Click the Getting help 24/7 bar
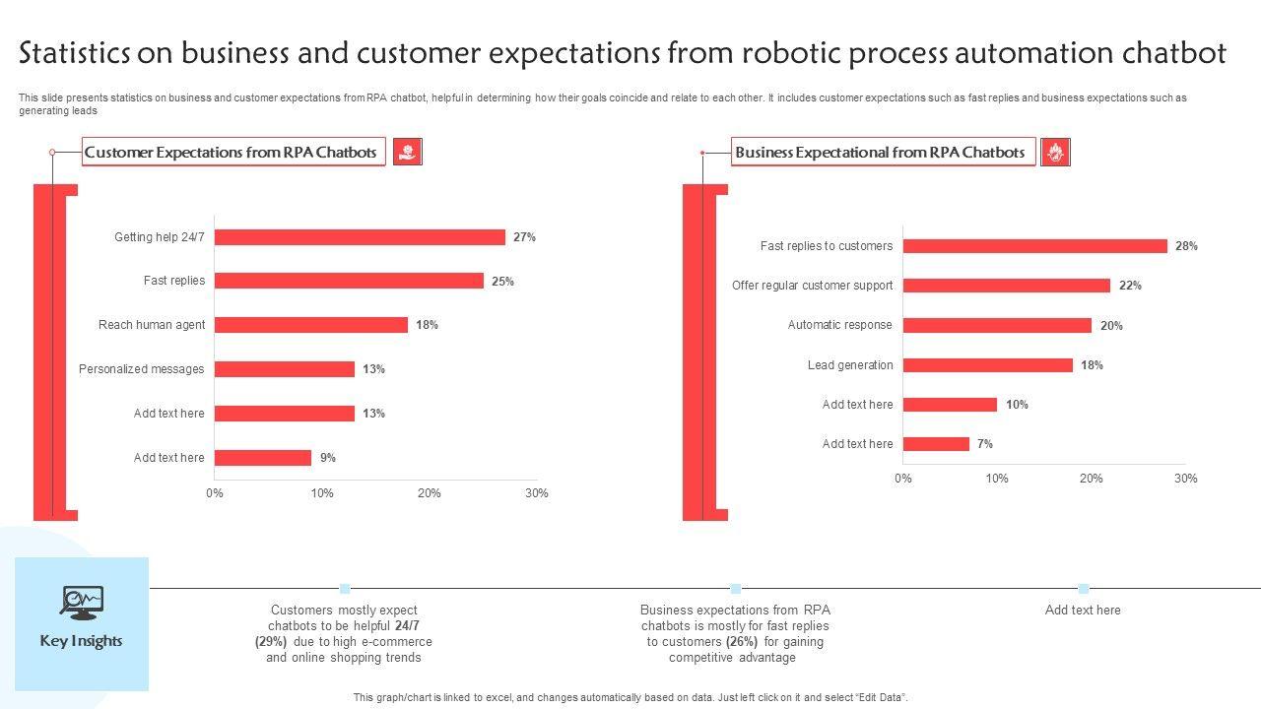[x=360, y=237]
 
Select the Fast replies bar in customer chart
[x=349, y=281]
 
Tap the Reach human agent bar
[x=310, y=325]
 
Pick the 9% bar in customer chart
[x=262, y=458]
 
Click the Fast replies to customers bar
[x=1034, y=246]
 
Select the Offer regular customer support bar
[x=1006, y=286]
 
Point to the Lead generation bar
[x=987, y=365]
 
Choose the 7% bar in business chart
[x=936, y=444]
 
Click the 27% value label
[x=524, y=237]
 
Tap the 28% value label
[x=1186, y=246]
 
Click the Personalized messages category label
[x=142, y=369]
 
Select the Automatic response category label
[x=839, y=325]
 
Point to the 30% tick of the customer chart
[x=536, y=493]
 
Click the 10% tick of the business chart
[x=997, y=479]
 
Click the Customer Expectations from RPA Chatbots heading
[x=231, y=153]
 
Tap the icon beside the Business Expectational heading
[x=1055, y=153]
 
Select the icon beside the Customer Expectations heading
[x=407, y=152]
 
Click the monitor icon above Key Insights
[x=81, y=602]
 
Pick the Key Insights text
[x=81, y=641]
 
